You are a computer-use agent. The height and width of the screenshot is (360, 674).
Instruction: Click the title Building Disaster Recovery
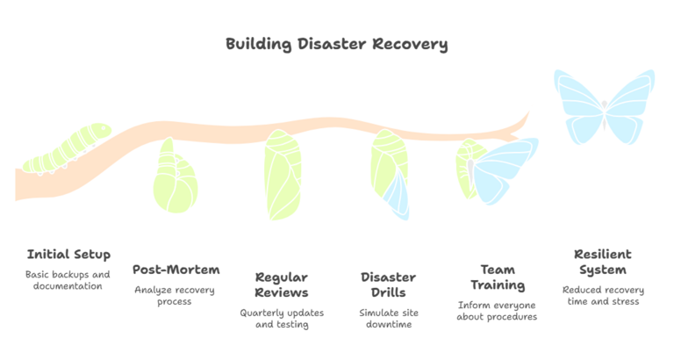pyautogui.click(x=336, y=43)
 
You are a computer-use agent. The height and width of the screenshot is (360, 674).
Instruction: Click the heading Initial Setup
pyautogui.click(x=68, y=255)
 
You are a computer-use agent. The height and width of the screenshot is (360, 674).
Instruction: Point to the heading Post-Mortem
pyautogui.click(x=176, y=270)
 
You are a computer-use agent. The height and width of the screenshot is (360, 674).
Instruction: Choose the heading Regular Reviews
pyautogui.click(x=282, y=284)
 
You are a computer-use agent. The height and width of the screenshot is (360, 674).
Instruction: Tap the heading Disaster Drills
pyautogui.click(x=389, y=284)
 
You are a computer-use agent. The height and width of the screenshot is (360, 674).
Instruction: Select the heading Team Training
pyautogui.click(x=497, y=277)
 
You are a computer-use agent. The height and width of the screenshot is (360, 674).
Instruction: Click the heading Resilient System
pyautogui.click(x=602, y=262)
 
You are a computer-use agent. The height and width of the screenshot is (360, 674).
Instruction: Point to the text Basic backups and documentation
pyautogui.click(x=68, y=280)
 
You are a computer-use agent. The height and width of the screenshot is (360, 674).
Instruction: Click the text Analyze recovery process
pyautogui.click(x=176, y=295)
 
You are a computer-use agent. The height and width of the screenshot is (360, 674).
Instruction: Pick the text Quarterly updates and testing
pyautogui.click(x=282, y=319)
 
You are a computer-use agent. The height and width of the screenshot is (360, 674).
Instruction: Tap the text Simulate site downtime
pyautogui.click(x=389, y=319)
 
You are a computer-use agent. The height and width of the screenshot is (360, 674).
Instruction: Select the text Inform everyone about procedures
pyautogui.click(x=497, y=311)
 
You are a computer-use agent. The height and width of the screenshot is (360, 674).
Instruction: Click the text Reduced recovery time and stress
pyautogui.click(x=602, y=296)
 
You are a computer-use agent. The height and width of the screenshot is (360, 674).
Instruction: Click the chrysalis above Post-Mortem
pyautogui.click(x=175, y=179)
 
